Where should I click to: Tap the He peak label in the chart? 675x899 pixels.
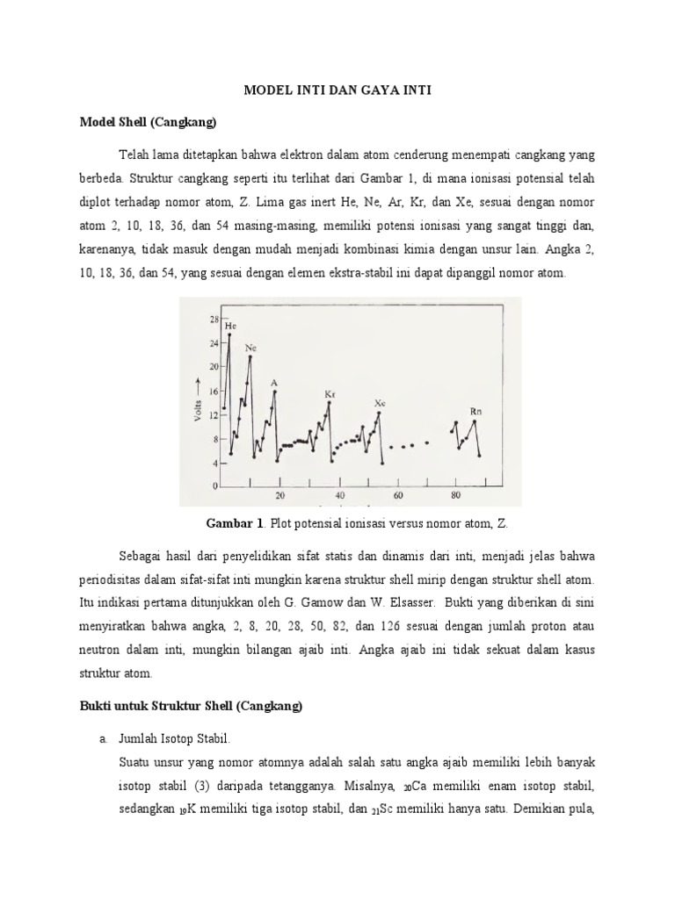click(230, 325)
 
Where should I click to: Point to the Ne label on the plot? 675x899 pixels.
click(250, 348)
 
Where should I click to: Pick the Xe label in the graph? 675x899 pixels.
click(380, 403)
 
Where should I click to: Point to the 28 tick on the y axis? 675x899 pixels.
click(214, 319)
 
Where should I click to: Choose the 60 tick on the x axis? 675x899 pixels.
click(397, 496)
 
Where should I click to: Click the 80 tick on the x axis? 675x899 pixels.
click(455, 496)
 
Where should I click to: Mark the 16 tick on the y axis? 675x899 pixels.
click(214, 390)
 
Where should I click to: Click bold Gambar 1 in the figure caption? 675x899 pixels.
click(235, 523)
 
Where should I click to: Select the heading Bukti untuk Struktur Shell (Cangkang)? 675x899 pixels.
click(191, 707)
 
